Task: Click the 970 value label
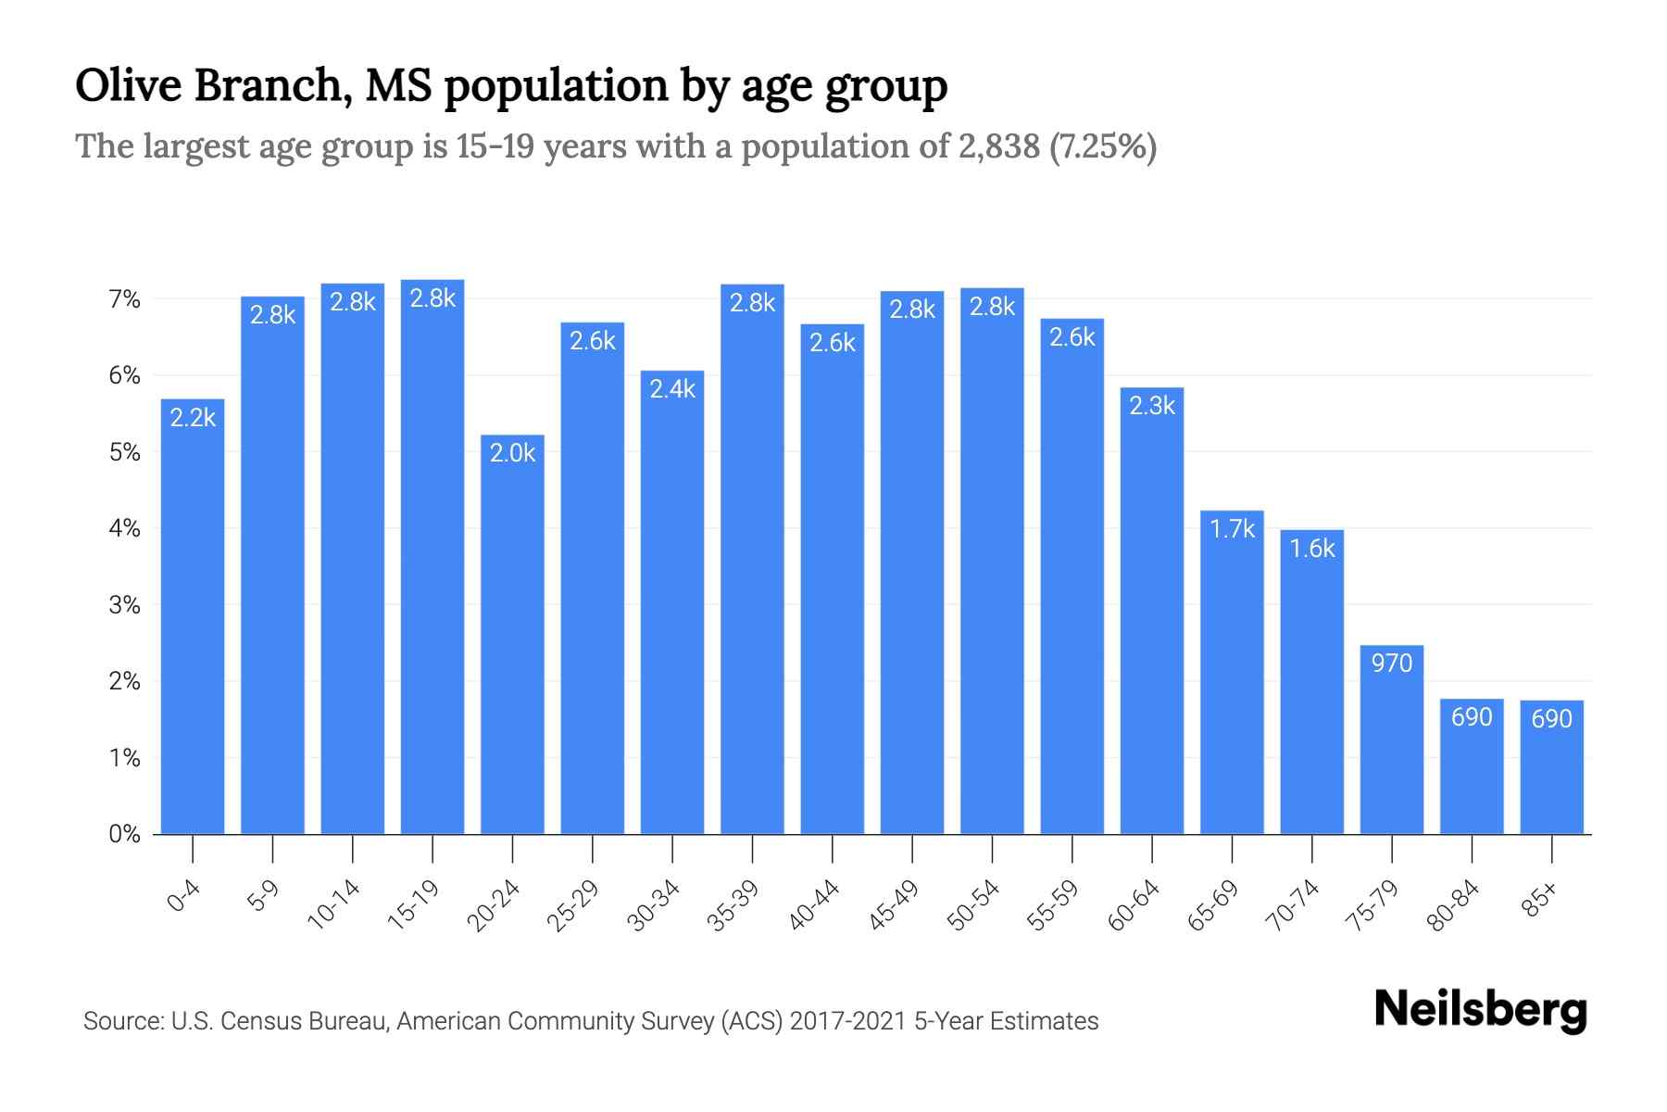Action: pos(1391,663)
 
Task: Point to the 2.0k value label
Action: pos(512,453)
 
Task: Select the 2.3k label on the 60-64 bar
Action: pos(1152,406)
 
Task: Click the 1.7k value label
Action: pos(1232,529)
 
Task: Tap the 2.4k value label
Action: pos(672,389)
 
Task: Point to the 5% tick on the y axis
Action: pos(124,452)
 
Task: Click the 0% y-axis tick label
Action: pos(124,834)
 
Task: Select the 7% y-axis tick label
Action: pos(124,299)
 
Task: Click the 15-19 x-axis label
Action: pos(413,904)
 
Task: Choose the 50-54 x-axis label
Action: pos(972,904)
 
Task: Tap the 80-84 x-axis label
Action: pos(1452,904)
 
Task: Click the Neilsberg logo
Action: pos(1480,1009)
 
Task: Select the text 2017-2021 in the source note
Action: pos(847,1021)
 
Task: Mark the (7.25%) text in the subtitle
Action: pos(1103,146)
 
